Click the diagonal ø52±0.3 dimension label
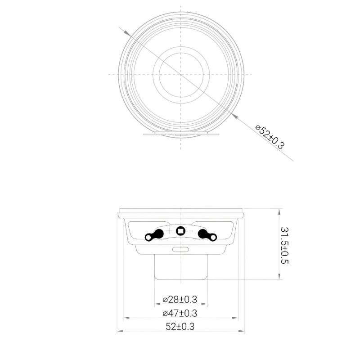[270, 137]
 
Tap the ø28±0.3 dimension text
[180, 299]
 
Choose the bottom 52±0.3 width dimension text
[180, 327]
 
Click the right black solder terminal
[207, 234]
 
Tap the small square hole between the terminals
[180, 231]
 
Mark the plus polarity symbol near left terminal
[169, 230]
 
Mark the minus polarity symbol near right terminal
[191, 230]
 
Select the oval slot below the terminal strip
[180, 249]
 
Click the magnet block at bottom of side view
[180, 266]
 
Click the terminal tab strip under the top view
[180, 134]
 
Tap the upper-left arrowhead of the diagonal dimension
[127, 33]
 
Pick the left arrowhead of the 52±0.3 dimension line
[119, 332]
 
